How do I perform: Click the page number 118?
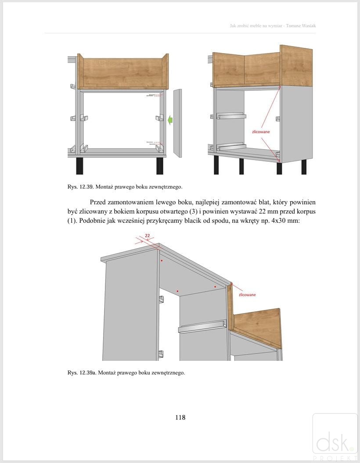click(x=180, y=417)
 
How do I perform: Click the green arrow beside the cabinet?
click(x=170, y=119)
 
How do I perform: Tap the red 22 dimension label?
click(x=147, y=235)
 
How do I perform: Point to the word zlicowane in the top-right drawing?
click(x=261, y=132)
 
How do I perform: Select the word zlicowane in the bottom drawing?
click(x=247, y=295)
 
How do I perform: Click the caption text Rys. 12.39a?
click(x=82, y=373)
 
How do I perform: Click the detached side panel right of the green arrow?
click(x=177, y=123)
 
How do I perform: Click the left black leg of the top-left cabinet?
click(x=79, y=166)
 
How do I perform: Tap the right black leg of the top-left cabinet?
click(x=160, y=166)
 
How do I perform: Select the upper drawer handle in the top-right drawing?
click(x=231, y=115)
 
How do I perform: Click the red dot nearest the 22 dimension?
click(x=162, y=261)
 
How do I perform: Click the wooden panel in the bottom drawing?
click(x=256, y=327)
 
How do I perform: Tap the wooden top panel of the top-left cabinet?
click(x=123, y=72)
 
